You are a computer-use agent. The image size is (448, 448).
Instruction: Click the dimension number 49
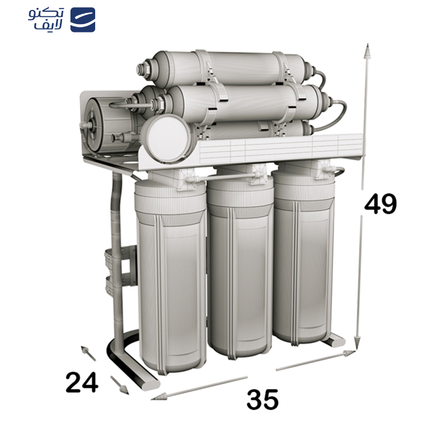click(x=380, y=204)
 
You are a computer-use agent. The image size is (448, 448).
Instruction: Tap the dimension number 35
click(x=263, y=400)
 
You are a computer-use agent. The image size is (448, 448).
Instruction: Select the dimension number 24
click(x=82, y=383)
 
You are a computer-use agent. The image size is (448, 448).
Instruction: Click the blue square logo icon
click(x=82, y=20)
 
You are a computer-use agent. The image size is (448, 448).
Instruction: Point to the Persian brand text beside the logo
click(x=46, y=20)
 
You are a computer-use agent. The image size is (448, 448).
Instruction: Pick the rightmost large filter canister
click(x=304, y=255)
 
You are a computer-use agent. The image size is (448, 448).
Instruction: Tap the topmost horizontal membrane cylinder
click(x=230, y=66)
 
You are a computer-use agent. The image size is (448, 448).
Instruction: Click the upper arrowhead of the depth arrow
click(x=86, y=351)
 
